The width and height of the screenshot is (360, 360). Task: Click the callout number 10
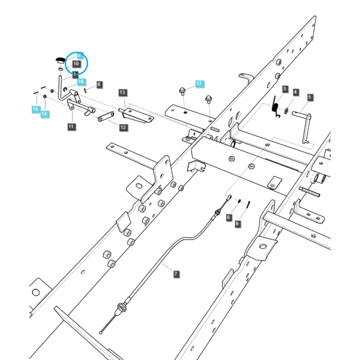coord(76,64)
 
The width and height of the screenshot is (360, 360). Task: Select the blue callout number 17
coord(199,84)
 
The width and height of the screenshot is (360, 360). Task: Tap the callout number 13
coord(122,92)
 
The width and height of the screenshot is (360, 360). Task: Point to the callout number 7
coord(176,274)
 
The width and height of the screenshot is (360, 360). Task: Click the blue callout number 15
coord(35,109)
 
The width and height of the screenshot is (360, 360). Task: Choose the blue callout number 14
coord(44,113)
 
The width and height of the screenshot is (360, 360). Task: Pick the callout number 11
coord(71,127)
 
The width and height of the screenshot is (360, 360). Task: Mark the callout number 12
coord(123,127)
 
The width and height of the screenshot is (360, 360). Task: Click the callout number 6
coord(99,85)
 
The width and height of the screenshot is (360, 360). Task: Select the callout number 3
coord(285,89)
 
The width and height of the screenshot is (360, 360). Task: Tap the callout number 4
coord(295,92)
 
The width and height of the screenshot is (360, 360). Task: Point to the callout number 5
coord(310,97)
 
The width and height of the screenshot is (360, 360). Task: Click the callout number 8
coord(229,217)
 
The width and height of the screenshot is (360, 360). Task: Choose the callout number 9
coord(238,224)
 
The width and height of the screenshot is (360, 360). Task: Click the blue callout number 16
coord(81,82)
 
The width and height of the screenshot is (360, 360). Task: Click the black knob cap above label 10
coord(61,60)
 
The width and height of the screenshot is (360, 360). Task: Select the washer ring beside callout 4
coord(286,111)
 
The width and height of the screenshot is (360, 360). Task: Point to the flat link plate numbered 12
coord(106,116)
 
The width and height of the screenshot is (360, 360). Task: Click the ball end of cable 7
coord(101,332)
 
